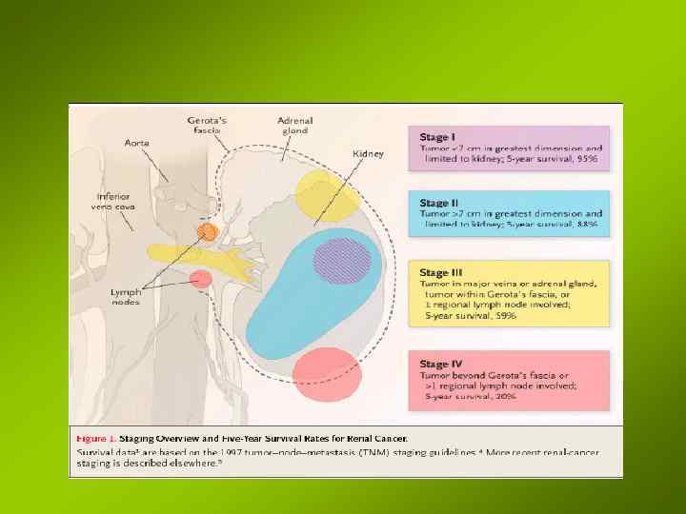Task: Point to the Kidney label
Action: [368, 154]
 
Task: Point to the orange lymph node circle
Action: [208, 231]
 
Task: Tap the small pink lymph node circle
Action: [200, 279]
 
